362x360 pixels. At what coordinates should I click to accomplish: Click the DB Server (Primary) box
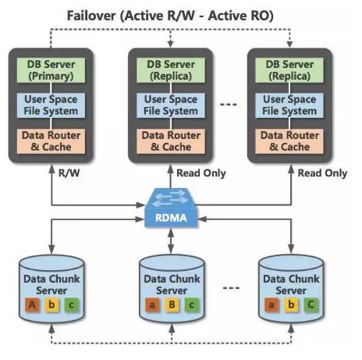pyautogui.click(x=51, y=70)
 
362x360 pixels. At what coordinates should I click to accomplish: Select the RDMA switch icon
pyautogui.click(x=171, y=209)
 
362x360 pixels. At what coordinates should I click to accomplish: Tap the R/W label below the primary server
pyautogui.click(x=69, y=173)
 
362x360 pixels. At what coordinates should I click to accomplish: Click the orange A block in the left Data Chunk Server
pyautogui.click(x=32, y=305)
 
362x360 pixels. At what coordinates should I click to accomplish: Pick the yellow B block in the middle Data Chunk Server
pyautogui.click(x=172, y=305)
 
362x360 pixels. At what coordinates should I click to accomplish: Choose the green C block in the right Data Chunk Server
pyautogui.click(x=311, y=305)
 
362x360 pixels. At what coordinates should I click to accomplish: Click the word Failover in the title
pyautogui.click(x=91, y=16)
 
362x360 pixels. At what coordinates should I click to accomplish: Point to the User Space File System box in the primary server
pyautogui.click(x=51, y=105)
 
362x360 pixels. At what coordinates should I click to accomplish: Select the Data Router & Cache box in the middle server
pyautogui.click(x=171, y=141)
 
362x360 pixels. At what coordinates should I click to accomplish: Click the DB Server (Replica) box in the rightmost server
pyautogui.click(x=289, y=70)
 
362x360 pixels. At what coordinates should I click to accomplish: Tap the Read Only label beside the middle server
pyautogui.click(x=201, y=173)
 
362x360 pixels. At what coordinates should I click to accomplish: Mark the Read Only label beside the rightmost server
pyautogui.click(x=322, y=173)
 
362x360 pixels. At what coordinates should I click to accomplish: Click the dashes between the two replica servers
pyautogui.click(x=229, y=105)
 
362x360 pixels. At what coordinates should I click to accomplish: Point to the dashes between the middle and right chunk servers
pyautogui.click(x=231, y=288)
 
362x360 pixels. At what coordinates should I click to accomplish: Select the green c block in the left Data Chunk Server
pyautogui.click(x=72, y=305)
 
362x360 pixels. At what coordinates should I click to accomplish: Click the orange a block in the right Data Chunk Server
pyautogui.click(x=271, y=305)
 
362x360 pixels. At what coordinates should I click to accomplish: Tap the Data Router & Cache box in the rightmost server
pyautogui.click(x=289, y=141)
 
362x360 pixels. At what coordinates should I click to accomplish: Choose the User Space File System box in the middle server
pyautogui.click(x=171, y=105)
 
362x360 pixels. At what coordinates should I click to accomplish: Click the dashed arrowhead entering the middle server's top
pyautogui.click(x=170, y=44)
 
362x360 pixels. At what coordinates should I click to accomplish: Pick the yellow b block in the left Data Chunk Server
pyautogui.click(x=51, y=305)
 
